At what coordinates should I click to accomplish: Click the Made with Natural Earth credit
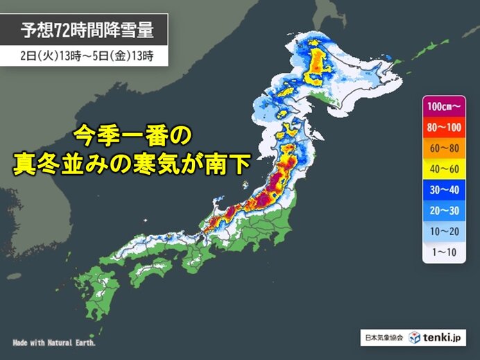pos(54,343)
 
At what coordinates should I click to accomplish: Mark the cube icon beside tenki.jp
pos(414,338)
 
